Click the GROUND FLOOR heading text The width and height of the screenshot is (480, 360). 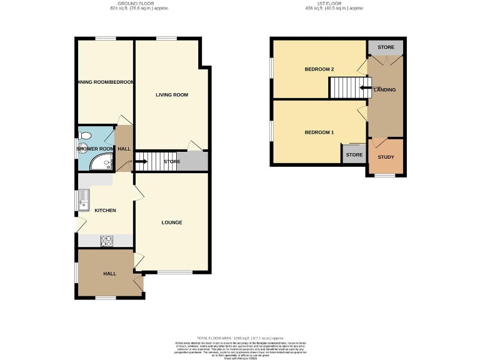(x=139, y=4)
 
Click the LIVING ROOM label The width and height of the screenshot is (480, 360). (x=172, y=95)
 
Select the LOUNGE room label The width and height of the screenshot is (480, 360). (x=172, y=222)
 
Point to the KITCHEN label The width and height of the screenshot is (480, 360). (x=105, y=211)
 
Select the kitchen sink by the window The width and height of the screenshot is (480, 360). (x=84, y=200)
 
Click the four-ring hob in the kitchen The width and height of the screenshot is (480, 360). (x=106, y=240)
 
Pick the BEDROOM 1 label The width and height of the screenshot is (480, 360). (x=319, y=132)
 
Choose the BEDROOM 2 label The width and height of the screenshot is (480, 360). (x=319, y=69)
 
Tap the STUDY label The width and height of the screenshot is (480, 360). (x=386, y=157)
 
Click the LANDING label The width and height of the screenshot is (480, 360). (x=385, y=90)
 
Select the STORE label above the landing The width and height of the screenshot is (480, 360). (x=386, y=47)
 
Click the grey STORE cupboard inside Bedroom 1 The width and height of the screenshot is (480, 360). (x=354, y=154)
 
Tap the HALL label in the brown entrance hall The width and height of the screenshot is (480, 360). (x=109, y=274)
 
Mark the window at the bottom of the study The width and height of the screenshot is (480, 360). (x=385, y=175)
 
